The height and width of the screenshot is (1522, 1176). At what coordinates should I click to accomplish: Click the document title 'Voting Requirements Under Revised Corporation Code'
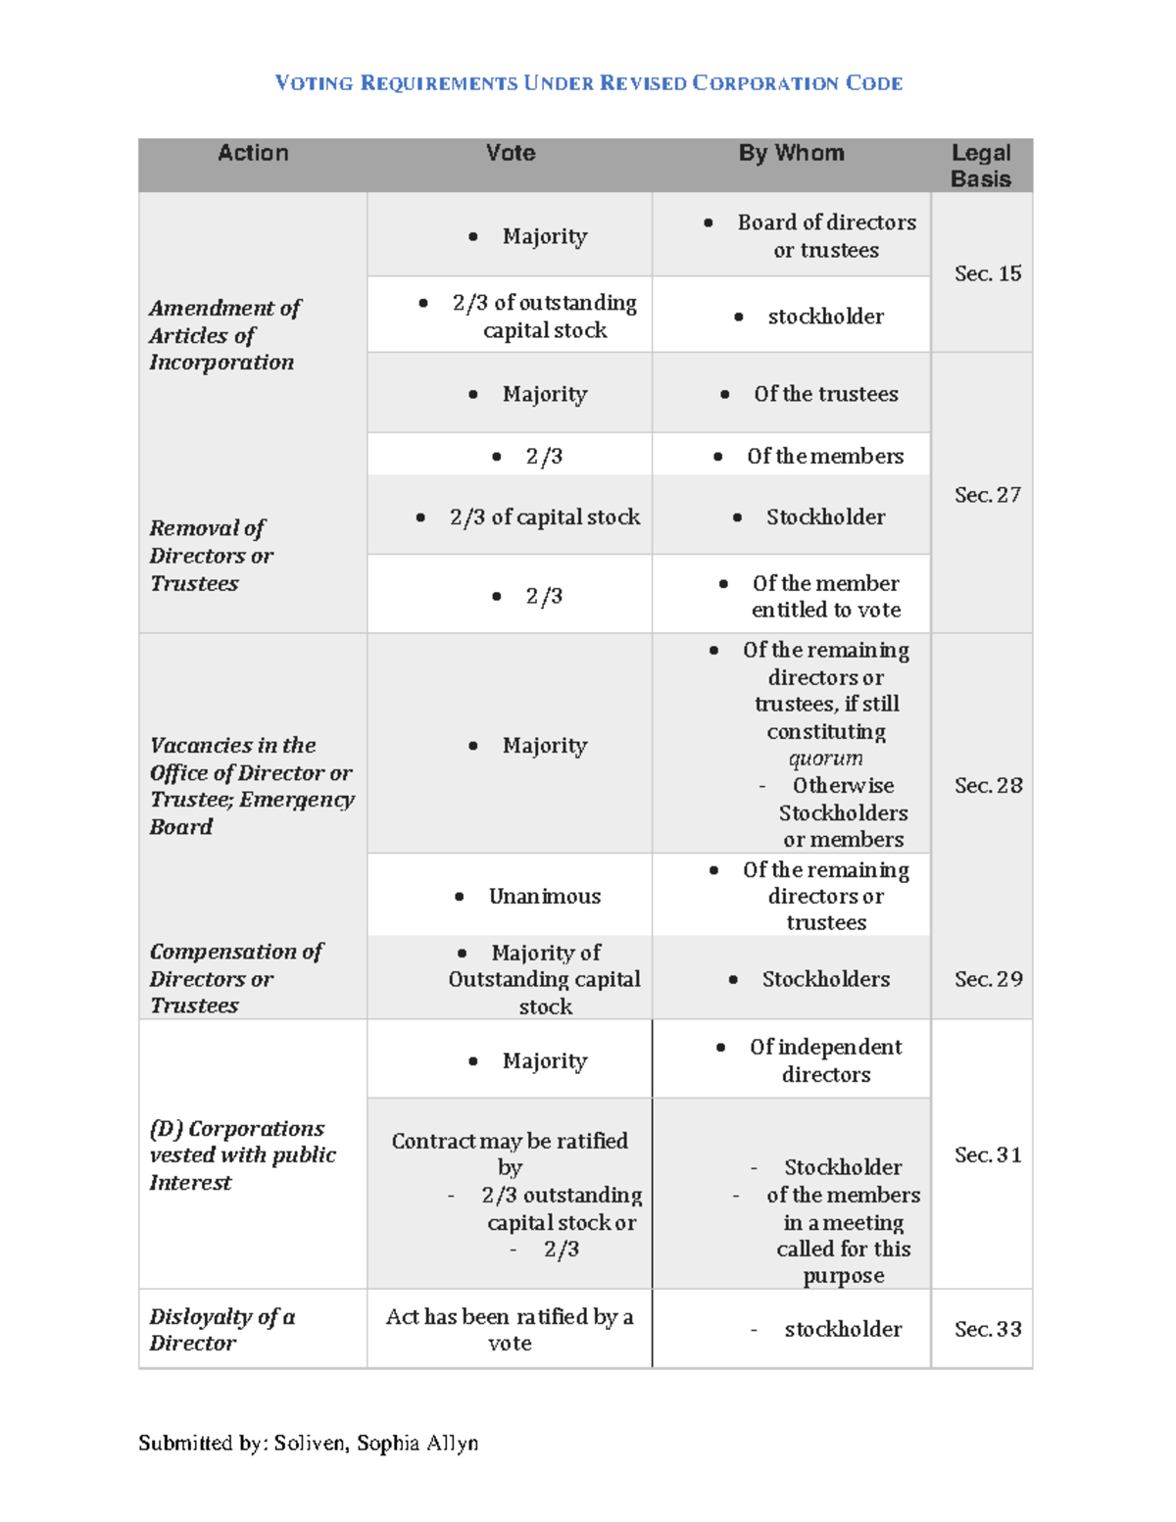(x=588, y=83)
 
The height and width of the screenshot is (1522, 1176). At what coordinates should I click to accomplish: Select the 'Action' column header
(x=253, y=153)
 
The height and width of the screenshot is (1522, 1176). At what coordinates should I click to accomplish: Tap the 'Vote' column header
(x=511, y=153)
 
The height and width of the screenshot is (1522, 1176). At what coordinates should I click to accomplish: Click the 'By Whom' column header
(x=791, y=153)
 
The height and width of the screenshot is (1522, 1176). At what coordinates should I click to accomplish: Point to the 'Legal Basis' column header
(x=981, y=166)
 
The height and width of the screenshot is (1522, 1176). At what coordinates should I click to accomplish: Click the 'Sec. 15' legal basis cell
(x=988, y=273)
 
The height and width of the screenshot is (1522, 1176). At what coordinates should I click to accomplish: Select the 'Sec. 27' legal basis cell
(x=988, y=495)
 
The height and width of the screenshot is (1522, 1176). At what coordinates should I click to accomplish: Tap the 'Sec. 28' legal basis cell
(x=988, y=785)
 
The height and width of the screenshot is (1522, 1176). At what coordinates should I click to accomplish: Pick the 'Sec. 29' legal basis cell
(x=988, y=979)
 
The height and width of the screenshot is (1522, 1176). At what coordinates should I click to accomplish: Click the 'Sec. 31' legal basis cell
(x=988, y=1154)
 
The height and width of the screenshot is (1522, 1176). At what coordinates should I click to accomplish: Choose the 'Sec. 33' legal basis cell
(x=988, y=1329)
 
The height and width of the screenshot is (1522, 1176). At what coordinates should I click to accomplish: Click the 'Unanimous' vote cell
(x=544, y=896)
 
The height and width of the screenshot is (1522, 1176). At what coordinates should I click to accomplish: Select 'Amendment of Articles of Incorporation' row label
(x=224, y=335)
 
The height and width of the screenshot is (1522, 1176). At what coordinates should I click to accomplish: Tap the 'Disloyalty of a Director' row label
(x=221, y=1330)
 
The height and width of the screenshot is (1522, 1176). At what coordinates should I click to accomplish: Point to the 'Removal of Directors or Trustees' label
(x=211, y=556)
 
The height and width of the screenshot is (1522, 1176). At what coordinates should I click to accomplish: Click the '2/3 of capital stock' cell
(x=544, y=516)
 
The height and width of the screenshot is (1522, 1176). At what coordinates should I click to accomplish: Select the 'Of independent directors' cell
(x=825, y=1060)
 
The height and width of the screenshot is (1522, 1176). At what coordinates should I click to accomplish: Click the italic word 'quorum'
(x=825, y=759)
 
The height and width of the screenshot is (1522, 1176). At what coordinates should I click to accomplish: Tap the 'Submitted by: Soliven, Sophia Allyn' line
(x=308, y=1443)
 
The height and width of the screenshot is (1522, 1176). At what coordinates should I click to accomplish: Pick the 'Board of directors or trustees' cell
(x=826, y=236)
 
